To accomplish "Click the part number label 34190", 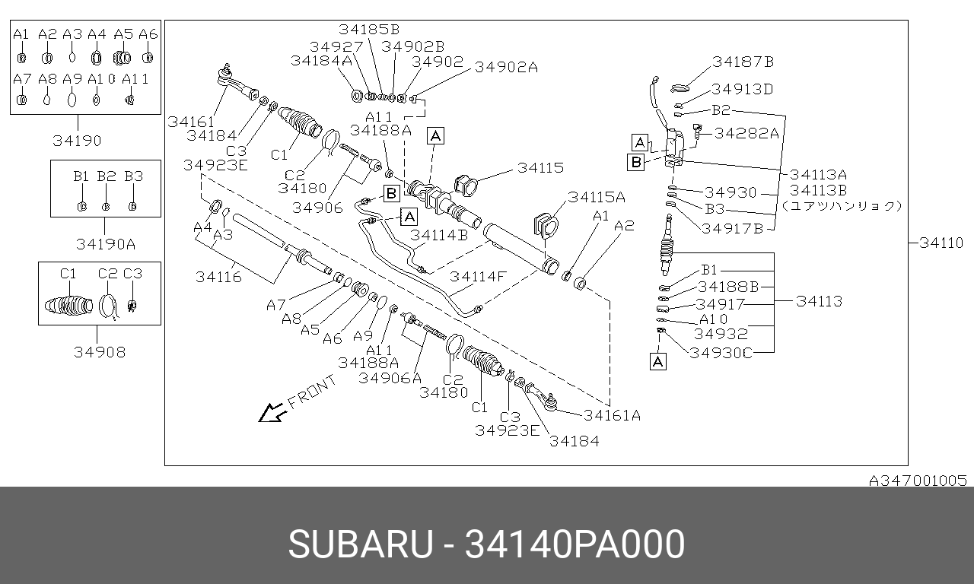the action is pos(77,141).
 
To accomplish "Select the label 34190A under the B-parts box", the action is pos(106,244).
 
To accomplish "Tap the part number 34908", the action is pos(100,352).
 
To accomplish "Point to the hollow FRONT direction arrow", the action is pos(272,412).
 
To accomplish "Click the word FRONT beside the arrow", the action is pos(312,392).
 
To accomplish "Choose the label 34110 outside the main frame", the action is pos(941,243).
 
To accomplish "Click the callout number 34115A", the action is pos(597,197).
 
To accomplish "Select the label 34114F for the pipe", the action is pos(478,276).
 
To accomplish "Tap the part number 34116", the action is pos(218,277).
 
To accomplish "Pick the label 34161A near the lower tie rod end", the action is pos(613,416).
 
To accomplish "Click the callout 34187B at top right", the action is pos(743,62).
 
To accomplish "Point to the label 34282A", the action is pos(746,133).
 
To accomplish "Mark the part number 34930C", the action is pos(721,353).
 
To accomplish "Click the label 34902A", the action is pos(506,67).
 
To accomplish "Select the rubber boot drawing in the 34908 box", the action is pos(68,306).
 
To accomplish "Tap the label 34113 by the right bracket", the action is pos(820,301).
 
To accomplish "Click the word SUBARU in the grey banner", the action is pos(361,544).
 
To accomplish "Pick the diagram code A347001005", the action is pos(918,481).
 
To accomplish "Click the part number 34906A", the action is pos(390,379).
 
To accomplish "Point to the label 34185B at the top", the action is pos(369,29).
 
